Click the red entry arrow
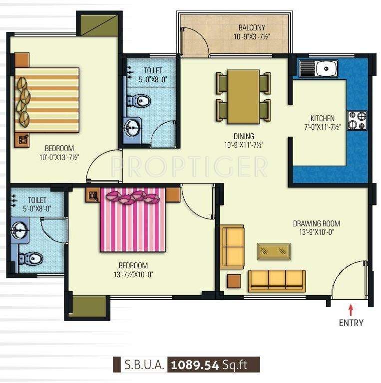(351, 309)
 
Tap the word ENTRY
(351, 323)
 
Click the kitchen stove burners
(357, 120)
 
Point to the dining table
(243, 97)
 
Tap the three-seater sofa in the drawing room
(277, 280)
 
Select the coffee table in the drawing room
(274, 251)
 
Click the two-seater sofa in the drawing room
(233, 247)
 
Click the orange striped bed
(46, 100)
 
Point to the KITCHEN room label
(323, 118)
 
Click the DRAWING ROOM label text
(316, 223)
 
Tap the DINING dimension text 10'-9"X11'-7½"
(243, 145)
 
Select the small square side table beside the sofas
(234, 281)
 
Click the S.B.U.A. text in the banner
(143, 365)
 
